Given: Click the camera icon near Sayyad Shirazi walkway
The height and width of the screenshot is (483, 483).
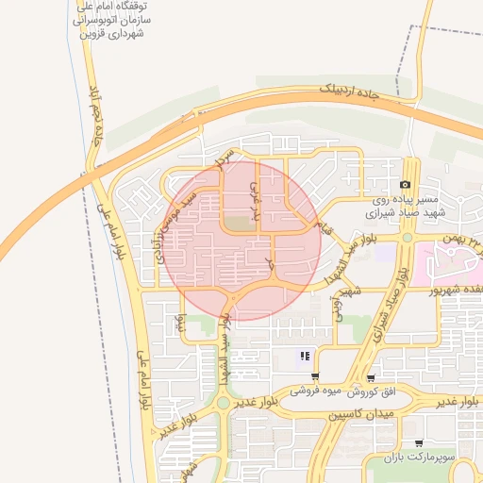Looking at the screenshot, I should (405, 185).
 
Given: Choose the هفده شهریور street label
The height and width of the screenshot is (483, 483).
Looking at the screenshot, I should (451, 291).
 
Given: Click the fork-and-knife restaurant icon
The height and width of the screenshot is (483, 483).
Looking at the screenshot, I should (305, 356).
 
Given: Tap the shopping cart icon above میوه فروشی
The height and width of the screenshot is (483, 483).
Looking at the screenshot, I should (313, 375).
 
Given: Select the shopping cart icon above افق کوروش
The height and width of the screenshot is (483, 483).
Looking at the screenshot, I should (371, 376).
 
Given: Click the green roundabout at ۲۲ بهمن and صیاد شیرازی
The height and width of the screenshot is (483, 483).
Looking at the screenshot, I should (407, 238).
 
